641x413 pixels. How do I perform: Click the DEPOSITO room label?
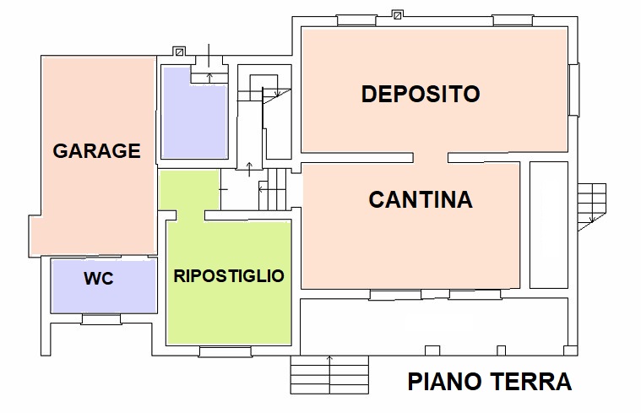[421, 94]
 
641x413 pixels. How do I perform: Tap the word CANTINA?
[421, 200]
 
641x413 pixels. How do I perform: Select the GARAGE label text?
[96, 151]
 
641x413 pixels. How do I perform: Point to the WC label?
[98, 279]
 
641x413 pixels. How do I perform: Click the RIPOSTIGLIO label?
[228, 276]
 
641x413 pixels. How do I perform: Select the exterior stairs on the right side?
[592, 205]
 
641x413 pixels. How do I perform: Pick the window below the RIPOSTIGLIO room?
[225, 351]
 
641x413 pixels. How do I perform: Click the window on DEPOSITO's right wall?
[574, 90]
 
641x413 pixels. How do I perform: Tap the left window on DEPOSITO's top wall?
[356, 19]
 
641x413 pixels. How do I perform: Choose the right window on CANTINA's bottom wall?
[475, 295]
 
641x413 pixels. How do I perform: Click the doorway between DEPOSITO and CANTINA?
[431, 158]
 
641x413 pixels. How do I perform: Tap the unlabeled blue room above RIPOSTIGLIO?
[195, 114]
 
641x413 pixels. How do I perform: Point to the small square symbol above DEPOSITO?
[397, 14]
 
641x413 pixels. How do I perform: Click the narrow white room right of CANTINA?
[548, 226]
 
